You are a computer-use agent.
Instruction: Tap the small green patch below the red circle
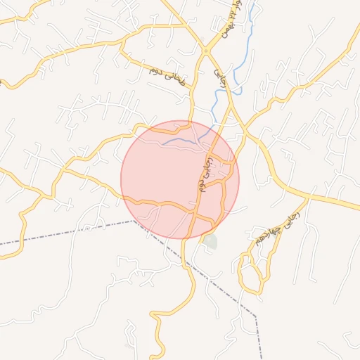point(210,242)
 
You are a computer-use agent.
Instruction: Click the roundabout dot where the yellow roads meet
point(205,51)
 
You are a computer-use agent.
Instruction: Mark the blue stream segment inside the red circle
point(181,141)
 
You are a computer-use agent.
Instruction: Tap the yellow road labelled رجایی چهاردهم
point(295,214)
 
